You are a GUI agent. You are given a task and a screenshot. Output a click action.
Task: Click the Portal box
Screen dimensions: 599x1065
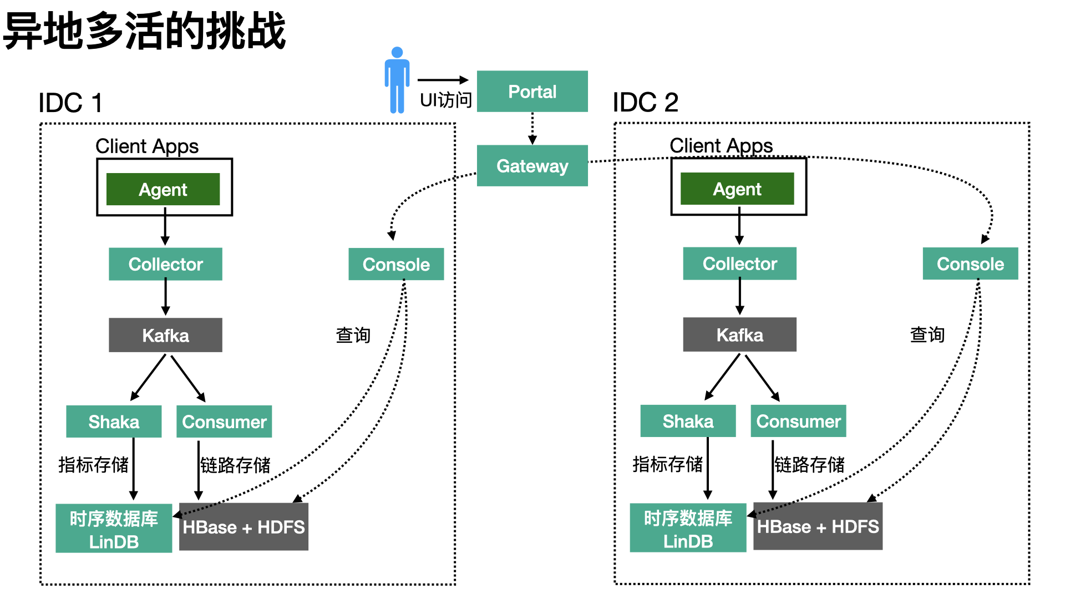click(x=532, y=92)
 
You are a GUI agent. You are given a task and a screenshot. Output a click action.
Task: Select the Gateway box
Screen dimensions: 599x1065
click(x=532, y=166)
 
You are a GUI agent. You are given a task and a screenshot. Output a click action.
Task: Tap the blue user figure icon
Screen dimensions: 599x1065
click(x=397, y=80)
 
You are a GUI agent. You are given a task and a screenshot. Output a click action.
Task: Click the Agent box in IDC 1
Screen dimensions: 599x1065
click(x=163, y=190)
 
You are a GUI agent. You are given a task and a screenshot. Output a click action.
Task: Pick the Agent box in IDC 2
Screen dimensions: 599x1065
click(x=737, y=189)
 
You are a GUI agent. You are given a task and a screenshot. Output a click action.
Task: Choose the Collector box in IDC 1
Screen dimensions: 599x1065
click(x=165, y=264)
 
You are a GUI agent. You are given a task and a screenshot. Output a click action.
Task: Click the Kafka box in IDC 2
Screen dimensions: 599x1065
click(x=739, y=335)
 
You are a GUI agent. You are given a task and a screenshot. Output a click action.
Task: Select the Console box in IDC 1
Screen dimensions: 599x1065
click(x=396, y=265)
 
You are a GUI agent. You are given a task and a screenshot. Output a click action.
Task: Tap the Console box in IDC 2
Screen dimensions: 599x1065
click(x=970, y=264)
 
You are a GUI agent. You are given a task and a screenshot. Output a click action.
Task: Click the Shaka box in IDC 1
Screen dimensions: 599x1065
click(x=114, y=422)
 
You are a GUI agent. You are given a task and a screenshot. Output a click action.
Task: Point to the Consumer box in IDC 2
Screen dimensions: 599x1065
click(x=798, y=422)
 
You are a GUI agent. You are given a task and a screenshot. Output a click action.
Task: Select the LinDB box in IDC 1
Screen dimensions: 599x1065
click(x=114, y=529)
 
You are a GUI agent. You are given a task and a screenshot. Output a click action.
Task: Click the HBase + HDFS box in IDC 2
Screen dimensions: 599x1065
click(x=818, y=526)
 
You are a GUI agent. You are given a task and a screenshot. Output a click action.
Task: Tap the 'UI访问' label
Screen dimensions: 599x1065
click(x=445, y=100)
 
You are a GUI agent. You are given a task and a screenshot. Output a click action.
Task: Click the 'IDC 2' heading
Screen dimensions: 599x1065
click(x=646, y=103)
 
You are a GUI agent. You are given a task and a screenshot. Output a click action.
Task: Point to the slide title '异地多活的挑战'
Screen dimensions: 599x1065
click(x=144, y=31)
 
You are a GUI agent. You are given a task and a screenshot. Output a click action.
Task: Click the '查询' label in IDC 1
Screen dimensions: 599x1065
click(x=353, y=335)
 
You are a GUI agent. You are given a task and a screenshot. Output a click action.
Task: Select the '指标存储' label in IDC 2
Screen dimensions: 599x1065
click(x=667, y=464)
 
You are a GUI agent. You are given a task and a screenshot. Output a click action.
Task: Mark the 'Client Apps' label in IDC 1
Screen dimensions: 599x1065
click(x=147, y=146)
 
